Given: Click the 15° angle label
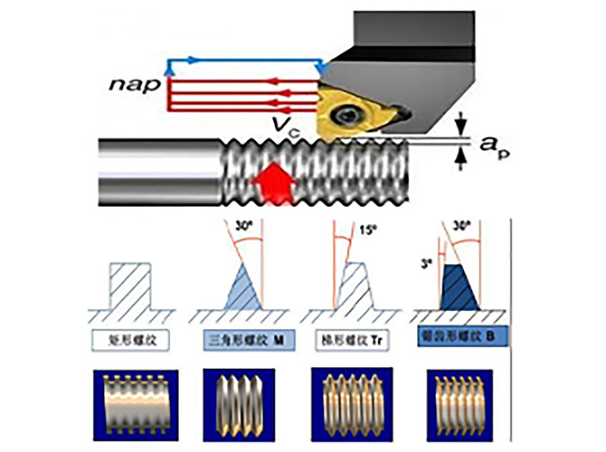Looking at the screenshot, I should [x=366, y=230].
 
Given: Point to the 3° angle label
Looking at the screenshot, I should [x=425, y=263].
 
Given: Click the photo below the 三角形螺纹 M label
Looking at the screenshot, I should [x=240, y=399].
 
